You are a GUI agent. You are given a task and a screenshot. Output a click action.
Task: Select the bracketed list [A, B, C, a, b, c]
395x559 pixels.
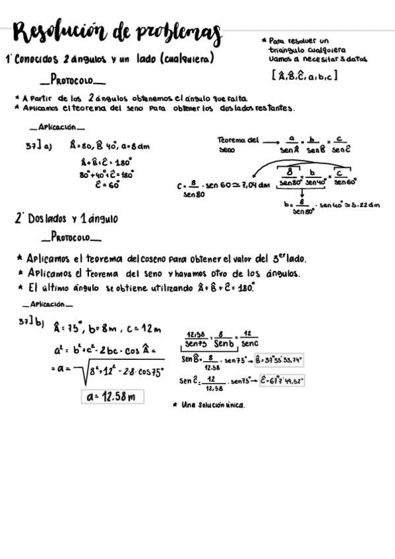tap(304, 76)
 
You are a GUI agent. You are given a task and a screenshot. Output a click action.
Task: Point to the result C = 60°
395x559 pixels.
tap(106, 185)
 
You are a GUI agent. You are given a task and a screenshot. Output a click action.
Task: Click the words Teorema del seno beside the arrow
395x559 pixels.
tap(236, 144)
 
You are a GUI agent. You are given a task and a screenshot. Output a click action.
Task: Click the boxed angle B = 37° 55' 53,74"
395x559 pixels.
tap(278, 360)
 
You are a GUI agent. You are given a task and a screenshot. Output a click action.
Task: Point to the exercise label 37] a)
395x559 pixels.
tap(38, 146)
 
